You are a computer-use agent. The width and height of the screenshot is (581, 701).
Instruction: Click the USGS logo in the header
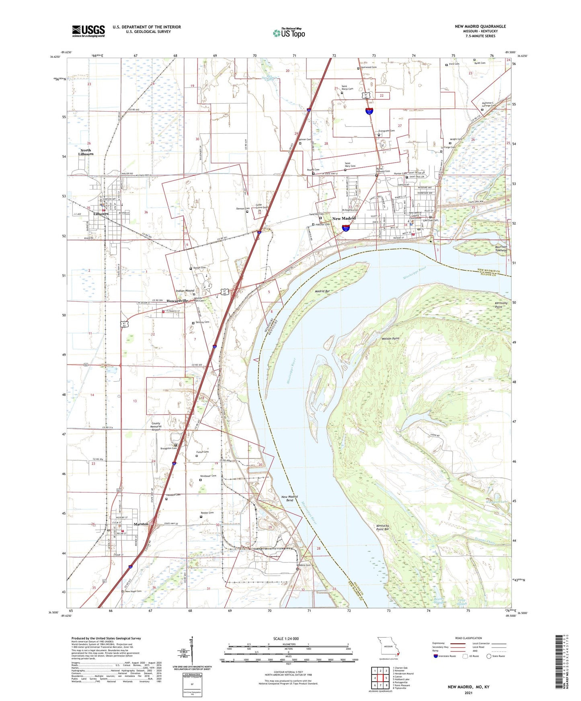[88, 31]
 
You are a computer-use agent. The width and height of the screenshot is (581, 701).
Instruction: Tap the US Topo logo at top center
[288, 33]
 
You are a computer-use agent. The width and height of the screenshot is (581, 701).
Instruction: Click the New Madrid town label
[344, 218]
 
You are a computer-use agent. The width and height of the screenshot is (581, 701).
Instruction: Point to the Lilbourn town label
[101, 214]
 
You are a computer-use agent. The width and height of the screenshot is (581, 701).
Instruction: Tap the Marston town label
[141, 524]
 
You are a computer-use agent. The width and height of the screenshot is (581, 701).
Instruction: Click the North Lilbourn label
[86, 152]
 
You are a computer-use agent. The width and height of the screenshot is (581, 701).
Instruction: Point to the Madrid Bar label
[320, 291]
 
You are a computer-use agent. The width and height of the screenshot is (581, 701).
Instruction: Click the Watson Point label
[390, 338]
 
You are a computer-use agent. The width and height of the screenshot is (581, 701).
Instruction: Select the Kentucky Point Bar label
[382, 527]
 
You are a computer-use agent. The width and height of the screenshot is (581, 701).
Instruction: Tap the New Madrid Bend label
[289, 499]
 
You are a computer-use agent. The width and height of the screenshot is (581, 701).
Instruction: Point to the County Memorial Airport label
[156, 426]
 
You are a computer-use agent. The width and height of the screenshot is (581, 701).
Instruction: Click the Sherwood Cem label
[368, 67]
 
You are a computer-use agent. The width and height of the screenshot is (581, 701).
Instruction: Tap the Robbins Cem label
[304, 565]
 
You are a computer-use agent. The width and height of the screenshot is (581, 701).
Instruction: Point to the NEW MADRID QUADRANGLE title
[480, 26]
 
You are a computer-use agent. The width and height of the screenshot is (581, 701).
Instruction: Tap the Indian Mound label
[185, 291]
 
